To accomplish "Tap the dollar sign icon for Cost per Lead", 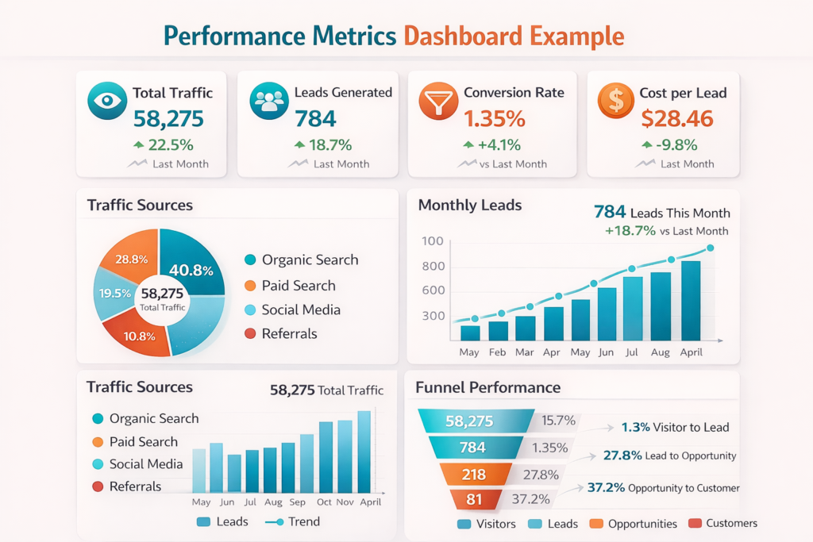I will coord(615,100).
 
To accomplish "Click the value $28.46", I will coord(677,119).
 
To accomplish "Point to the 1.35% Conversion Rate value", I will coord(495,119).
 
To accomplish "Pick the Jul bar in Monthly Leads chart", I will coord(633,309).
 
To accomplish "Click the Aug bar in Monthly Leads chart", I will coord(661,306).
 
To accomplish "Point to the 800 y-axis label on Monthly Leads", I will coord(433,267).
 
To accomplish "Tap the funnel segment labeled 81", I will coord(474,499).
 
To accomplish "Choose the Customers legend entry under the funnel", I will coord(723,523).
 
